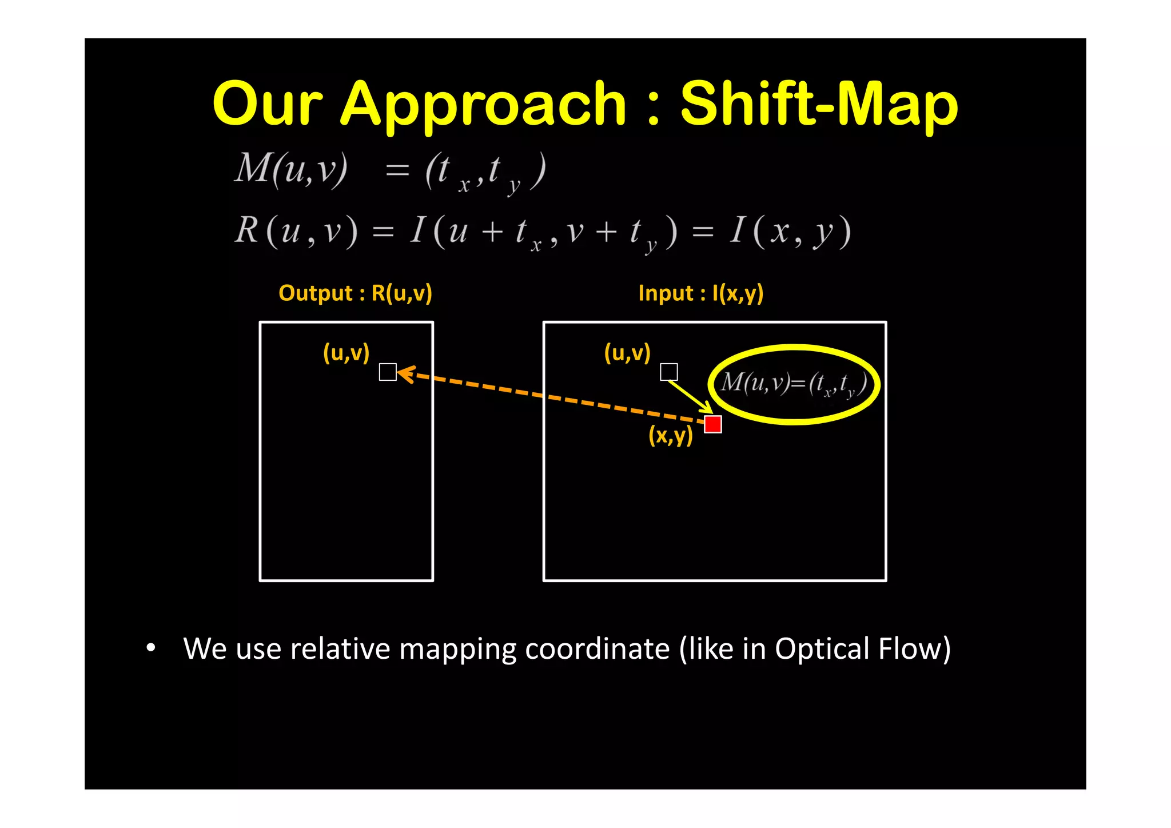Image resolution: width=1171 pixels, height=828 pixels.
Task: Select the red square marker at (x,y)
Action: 712,424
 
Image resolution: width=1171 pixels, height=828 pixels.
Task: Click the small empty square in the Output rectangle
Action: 388,372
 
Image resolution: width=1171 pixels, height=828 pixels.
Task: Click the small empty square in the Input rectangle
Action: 668,372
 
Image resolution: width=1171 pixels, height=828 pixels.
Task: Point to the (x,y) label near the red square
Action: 670,436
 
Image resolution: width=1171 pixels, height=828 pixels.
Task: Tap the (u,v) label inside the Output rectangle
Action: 346,353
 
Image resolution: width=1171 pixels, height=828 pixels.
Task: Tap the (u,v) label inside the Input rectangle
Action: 627,353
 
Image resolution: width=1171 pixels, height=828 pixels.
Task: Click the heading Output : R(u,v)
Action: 355,293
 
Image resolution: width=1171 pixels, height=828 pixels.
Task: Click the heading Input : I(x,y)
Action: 700,293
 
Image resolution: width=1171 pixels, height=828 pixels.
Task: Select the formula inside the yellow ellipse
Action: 794,383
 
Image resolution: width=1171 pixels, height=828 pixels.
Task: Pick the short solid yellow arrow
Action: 690,397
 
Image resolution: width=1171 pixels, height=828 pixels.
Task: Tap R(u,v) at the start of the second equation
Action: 296,232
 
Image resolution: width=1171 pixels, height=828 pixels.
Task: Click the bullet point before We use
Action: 150,648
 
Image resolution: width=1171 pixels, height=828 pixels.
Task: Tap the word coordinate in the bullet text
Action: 597,648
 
